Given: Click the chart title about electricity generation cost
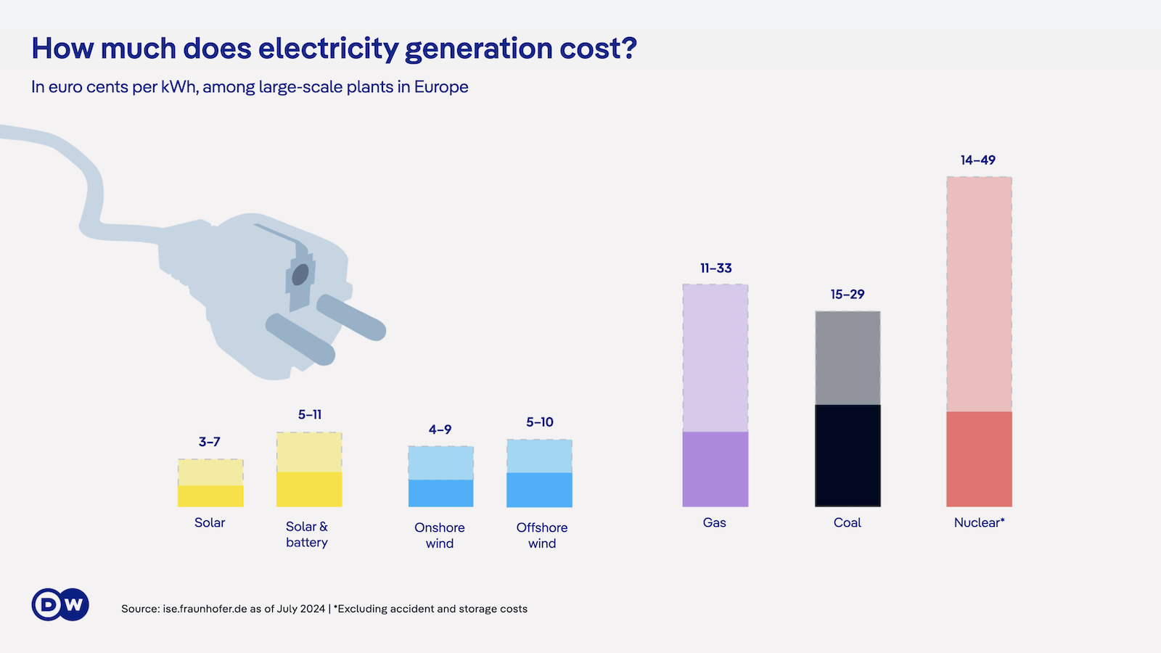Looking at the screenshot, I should click(334, 49).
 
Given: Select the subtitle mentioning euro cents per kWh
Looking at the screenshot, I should click(250, 87).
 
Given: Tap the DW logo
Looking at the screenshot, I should click(60, 604).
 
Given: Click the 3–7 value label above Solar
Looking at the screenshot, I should click(210, 442).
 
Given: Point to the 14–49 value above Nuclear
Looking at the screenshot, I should click(978, 160).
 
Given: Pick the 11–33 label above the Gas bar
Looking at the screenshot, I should click(716, 268).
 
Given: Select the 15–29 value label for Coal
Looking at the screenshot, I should click(848, 295).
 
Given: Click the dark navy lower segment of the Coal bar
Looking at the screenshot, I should click(848, 456).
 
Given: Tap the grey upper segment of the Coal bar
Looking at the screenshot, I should click(848, 358).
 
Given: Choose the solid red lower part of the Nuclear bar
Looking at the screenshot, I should click(979, 459).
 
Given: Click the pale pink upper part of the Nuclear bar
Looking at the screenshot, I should click(979, 294).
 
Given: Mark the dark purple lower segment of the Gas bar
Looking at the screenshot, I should click(715, 469).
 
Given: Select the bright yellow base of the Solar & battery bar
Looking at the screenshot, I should click(309, 490).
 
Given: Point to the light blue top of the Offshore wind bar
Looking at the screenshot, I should click(539, 456).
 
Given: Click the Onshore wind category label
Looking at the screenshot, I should click(440, 535).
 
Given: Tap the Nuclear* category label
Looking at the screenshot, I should click(979, 522).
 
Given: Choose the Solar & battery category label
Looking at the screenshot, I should click(307, 535).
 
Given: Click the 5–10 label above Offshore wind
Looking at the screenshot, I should click(540, 422).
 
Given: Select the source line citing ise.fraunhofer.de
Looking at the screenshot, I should click(324, 609).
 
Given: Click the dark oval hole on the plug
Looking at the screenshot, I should click(300, 274).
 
